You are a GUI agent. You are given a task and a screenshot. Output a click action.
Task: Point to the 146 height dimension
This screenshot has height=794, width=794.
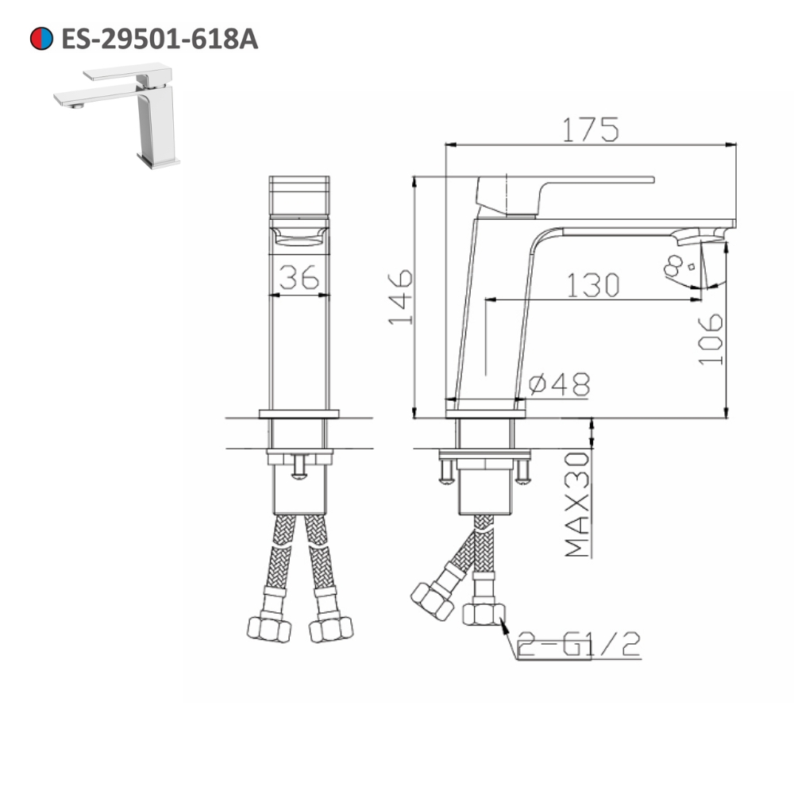[400, 297]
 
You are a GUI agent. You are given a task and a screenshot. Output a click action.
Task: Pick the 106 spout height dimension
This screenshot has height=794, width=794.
[711, 338]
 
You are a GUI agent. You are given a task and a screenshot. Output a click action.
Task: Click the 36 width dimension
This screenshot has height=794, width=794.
[299, 278]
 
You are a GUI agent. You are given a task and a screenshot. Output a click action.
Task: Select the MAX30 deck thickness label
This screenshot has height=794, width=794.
[578, 503]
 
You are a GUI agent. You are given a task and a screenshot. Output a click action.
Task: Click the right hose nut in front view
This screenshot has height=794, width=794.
[331, 629]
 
